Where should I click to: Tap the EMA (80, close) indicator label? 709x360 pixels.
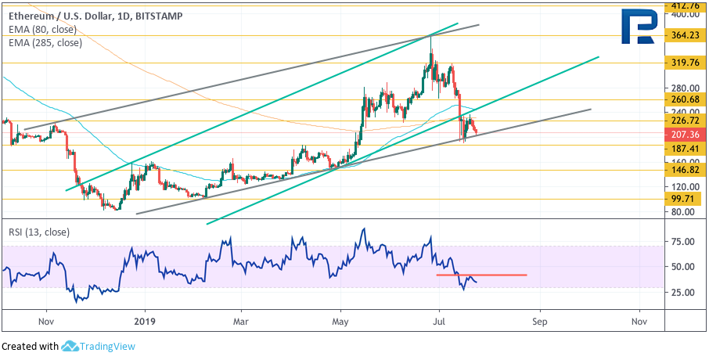(x=43, y=29)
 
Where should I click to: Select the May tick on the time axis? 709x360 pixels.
(x=341, y=320)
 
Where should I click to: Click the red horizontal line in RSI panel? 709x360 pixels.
(x=481, y=275)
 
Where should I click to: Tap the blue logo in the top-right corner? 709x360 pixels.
(x=638, y=26)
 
